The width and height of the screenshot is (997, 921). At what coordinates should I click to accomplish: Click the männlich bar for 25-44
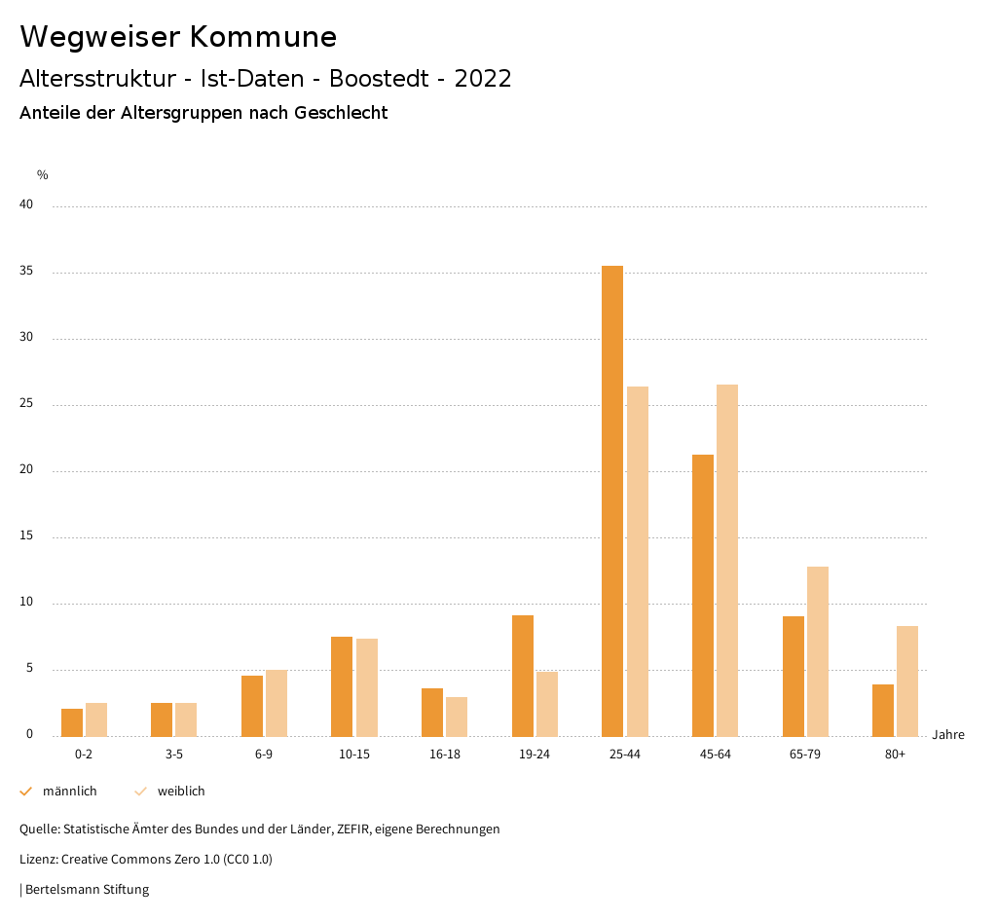click(x=612, y=500)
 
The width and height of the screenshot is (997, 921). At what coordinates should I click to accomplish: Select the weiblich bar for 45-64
click(x=727, y=560)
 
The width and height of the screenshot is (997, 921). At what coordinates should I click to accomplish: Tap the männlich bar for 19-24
click(x=523, y=676)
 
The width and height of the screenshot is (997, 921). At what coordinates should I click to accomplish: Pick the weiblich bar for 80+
click(x=907, y=681)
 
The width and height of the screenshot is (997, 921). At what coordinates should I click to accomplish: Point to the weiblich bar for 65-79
click(x=818, y=651)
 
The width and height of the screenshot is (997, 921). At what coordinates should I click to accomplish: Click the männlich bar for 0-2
click(x=72, y=722)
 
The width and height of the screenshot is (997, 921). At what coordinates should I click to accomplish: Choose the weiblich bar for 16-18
click(x=457, y=717)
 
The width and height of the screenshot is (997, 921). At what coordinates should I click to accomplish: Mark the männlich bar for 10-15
click(x=342, y=686)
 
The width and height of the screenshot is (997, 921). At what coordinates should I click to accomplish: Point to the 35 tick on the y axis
click(x=26, y=272)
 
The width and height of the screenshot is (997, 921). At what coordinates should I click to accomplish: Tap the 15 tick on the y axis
click(x=26, y=536)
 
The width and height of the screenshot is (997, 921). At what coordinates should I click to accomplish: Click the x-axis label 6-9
click(x=264, y=755)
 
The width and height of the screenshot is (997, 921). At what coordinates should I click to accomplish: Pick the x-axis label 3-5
click(x=173, y=755)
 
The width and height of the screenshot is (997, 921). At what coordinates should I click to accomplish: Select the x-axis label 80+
click(x=895, y=755)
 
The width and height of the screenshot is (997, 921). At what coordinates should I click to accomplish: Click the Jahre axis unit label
click(x=947, y=735)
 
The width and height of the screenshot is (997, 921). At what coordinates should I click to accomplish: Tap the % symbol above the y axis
click(x=43, y=175)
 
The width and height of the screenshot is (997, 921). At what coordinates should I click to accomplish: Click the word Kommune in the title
click(x=263, y=37)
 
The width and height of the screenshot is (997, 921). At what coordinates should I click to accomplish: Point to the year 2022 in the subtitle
click(x=483, y=79)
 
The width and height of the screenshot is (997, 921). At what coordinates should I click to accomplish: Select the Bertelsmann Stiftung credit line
click(x=86, y=889)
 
